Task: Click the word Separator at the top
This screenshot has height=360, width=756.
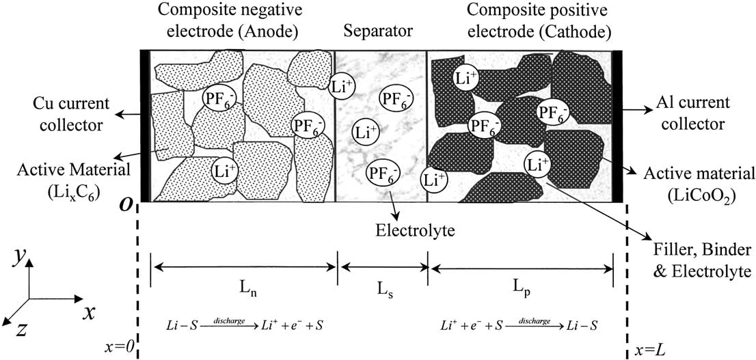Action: point(381,31)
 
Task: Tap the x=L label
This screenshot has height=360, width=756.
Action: point(648,349)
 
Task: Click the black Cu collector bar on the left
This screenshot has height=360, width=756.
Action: point(144,126)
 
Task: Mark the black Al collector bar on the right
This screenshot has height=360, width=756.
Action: point(617,126)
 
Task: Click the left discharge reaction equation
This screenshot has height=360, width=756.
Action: point(245,324)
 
